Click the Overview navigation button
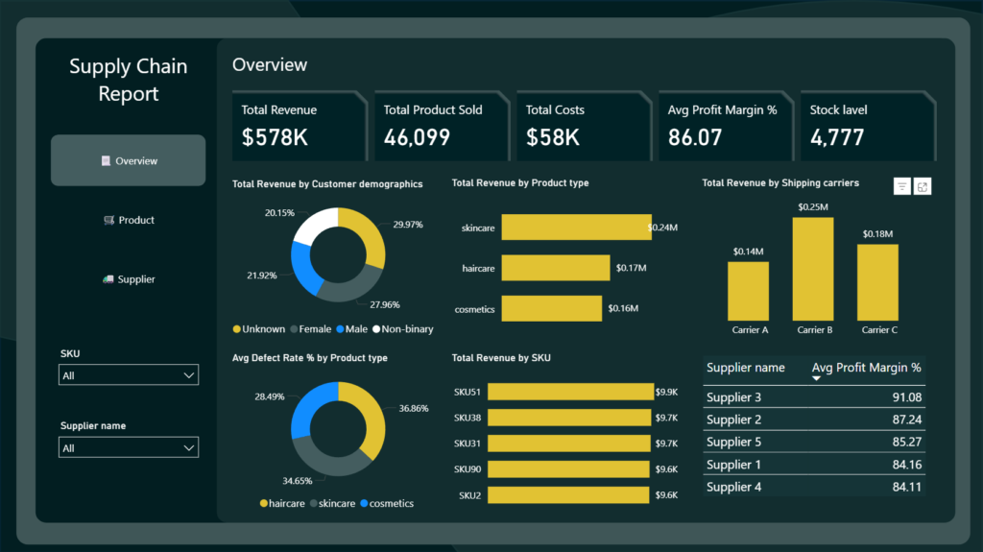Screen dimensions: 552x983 128,160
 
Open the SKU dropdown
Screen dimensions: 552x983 129,375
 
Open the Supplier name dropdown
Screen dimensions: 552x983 129,447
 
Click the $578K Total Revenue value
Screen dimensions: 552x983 275,137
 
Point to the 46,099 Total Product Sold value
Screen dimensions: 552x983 417,137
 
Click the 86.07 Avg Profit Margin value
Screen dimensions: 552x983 694,137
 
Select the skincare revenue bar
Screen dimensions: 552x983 576,228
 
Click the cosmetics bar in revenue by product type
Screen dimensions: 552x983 552,308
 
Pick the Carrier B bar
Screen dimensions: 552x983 812,269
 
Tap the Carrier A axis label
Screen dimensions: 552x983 750,330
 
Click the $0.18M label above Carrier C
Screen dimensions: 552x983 877,234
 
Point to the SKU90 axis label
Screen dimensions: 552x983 469,469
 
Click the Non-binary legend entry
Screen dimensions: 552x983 407,329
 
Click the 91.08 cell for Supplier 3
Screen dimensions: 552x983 906,397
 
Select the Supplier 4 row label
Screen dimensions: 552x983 734,487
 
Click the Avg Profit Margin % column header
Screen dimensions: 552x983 866,368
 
